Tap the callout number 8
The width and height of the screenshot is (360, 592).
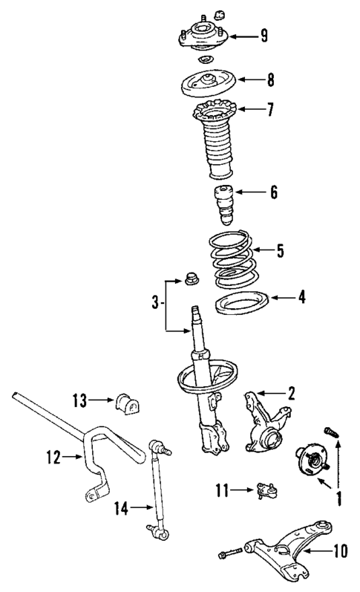[x=269, y=78]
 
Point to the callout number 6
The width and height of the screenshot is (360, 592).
[x=273, y=193]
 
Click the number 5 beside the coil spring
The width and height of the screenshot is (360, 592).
[x=280, y=250]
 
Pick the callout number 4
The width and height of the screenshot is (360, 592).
[x=300, y=299]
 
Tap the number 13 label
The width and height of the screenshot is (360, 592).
[x=80, y=401]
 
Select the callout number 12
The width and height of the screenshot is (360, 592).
[x=51, y=458]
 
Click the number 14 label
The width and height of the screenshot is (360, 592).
[x=122, y=509]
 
